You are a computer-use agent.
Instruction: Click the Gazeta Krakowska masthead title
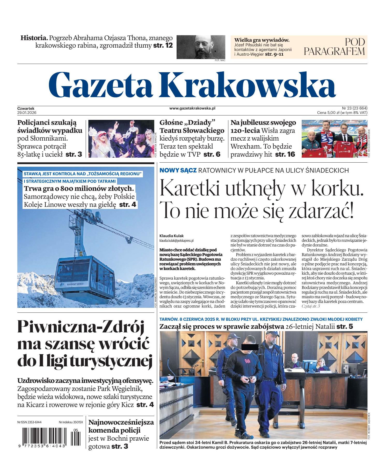(x=192, y=83)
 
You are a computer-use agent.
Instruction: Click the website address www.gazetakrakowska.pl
(x=192, y=108)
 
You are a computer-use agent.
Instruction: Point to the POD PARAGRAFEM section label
(x=334, y=47)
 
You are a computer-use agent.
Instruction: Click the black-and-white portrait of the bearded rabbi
(x=201, y=47)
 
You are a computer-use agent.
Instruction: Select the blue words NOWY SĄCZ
(x=178, y=170)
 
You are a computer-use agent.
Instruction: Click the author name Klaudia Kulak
(x=171, y=236)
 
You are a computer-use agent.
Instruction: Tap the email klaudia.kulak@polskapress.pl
(x=177, y=241)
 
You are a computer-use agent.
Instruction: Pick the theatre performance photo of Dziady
(x=121, y=139)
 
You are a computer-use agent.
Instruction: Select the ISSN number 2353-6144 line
(x=30, y=422)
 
